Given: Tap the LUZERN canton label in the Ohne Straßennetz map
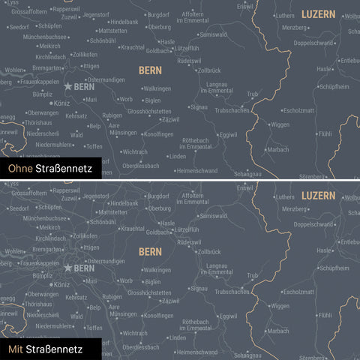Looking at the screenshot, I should tap(318, 14).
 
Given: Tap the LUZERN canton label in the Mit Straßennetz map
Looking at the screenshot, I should tap(318, 195).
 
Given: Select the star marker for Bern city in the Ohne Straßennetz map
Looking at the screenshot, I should tap(68, 87).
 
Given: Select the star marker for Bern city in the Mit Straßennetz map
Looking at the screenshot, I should tap(68, 267).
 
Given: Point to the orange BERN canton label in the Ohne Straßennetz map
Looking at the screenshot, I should tap(150, 70).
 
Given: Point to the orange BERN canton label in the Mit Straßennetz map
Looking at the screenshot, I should tap(150, 250).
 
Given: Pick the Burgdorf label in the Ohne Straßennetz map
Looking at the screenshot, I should tap(158, 14).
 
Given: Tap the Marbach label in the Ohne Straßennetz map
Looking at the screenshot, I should tap(278, 149).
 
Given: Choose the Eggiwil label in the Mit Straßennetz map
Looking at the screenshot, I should tap(227, 316).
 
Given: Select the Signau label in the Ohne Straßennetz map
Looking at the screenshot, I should tap(199, 107).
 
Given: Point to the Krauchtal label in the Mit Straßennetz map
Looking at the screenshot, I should tap(132, 228).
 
